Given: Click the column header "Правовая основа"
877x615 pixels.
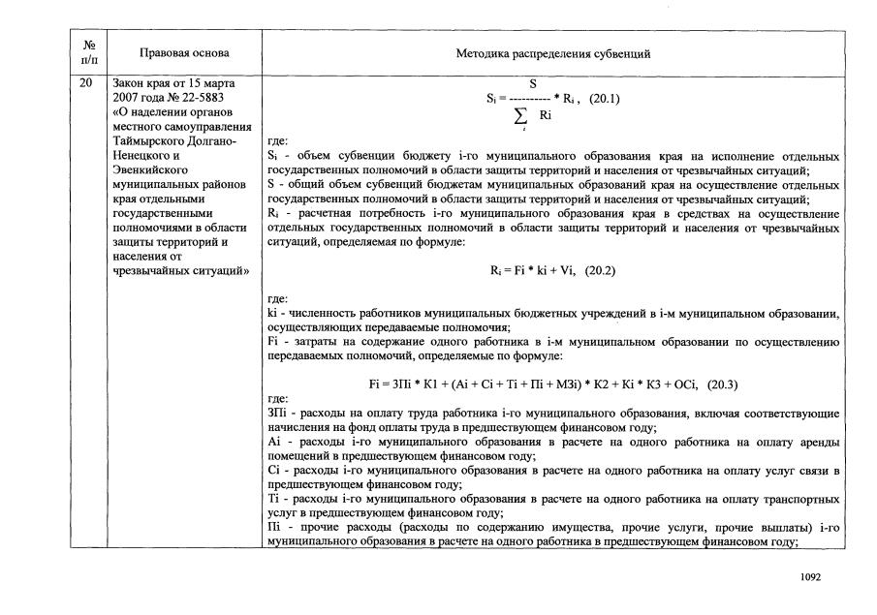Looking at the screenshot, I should coord(181,54).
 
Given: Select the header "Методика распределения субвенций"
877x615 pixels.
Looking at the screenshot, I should coord(552,54).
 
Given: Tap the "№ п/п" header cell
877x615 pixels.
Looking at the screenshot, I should coord(87,54).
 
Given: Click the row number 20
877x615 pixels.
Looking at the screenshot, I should coord(86,83).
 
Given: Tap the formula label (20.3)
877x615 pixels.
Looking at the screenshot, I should coord(722,384).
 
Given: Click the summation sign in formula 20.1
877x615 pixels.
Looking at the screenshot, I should coord(522,116).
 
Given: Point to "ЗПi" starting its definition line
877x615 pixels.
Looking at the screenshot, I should coord(276,414).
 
